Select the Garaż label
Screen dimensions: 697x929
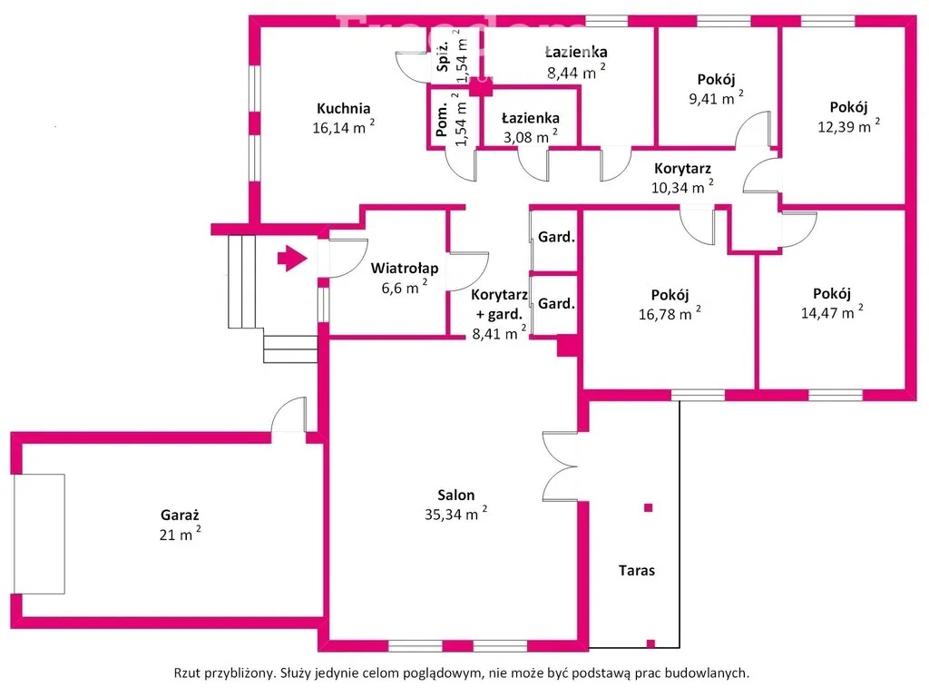178,515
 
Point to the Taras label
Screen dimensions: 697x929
637,571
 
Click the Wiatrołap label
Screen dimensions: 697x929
405,268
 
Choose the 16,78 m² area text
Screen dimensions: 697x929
669,314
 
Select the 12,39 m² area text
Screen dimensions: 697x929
848,126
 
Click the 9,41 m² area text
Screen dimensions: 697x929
715,98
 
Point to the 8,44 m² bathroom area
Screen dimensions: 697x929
576,72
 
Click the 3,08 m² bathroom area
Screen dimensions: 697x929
530,137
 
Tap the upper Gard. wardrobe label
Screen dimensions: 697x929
556,238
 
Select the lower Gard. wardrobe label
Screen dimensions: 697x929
556,304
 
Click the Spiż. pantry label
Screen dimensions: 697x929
444,57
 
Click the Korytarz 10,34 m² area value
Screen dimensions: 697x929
682,188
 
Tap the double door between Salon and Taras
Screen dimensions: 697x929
560,465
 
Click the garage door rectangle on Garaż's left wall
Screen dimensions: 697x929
41,533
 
